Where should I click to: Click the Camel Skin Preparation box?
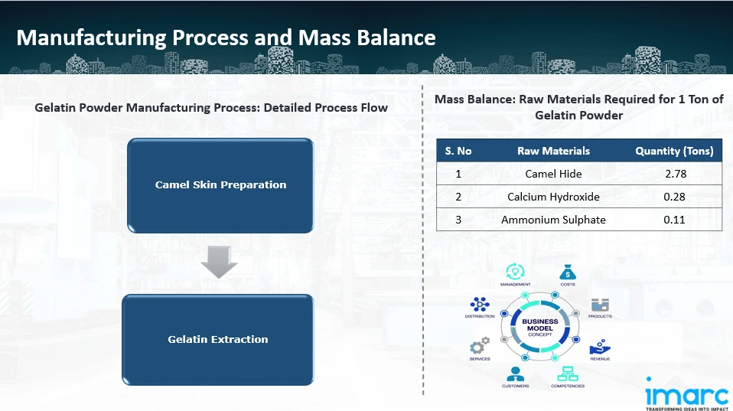220,185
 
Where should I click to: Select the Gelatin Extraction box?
218,339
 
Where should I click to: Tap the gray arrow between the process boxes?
219,263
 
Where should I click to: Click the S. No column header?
458,151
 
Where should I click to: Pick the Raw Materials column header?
553,151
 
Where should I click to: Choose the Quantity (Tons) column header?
674,151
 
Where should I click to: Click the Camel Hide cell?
553,174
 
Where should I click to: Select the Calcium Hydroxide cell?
553,197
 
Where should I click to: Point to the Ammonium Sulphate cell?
553,220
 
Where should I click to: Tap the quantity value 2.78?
675,174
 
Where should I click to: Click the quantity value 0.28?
675,197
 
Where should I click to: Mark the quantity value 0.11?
675,220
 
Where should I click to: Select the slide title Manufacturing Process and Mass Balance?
226,38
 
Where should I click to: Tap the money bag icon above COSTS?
567,272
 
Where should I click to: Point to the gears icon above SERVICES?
480,347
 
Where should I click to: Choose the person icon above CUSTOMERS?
515,373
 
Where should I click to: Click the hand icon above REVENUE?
600,347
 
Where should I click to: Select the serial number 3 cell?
458,220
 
